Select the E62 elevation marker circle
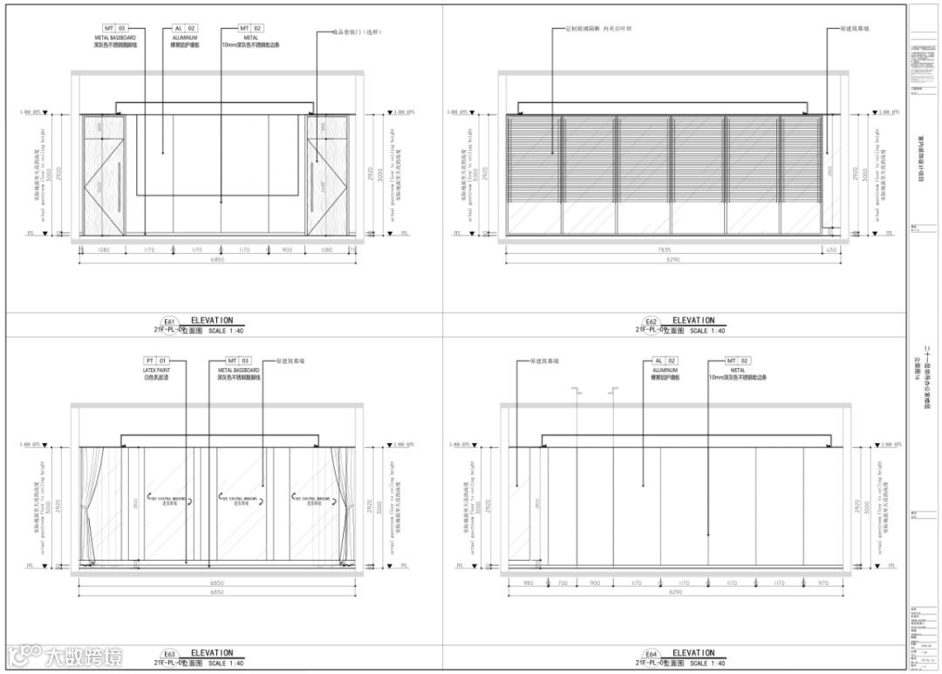coord(650,322)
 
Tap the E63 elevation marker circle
coord(169,654)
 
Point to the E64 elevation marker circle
coord(650,654)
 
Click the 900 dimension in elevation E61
coord(288,250)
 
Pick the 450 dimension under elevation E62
coord(830,250)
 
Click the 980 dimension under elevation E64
coord(528,582)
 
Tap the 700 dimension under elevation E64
coord(563,582)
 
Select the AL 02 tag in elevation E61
coord(186,29)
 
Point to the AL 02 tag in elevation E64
coord(666,360)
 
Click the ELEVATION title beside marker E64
coord(693,653)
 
